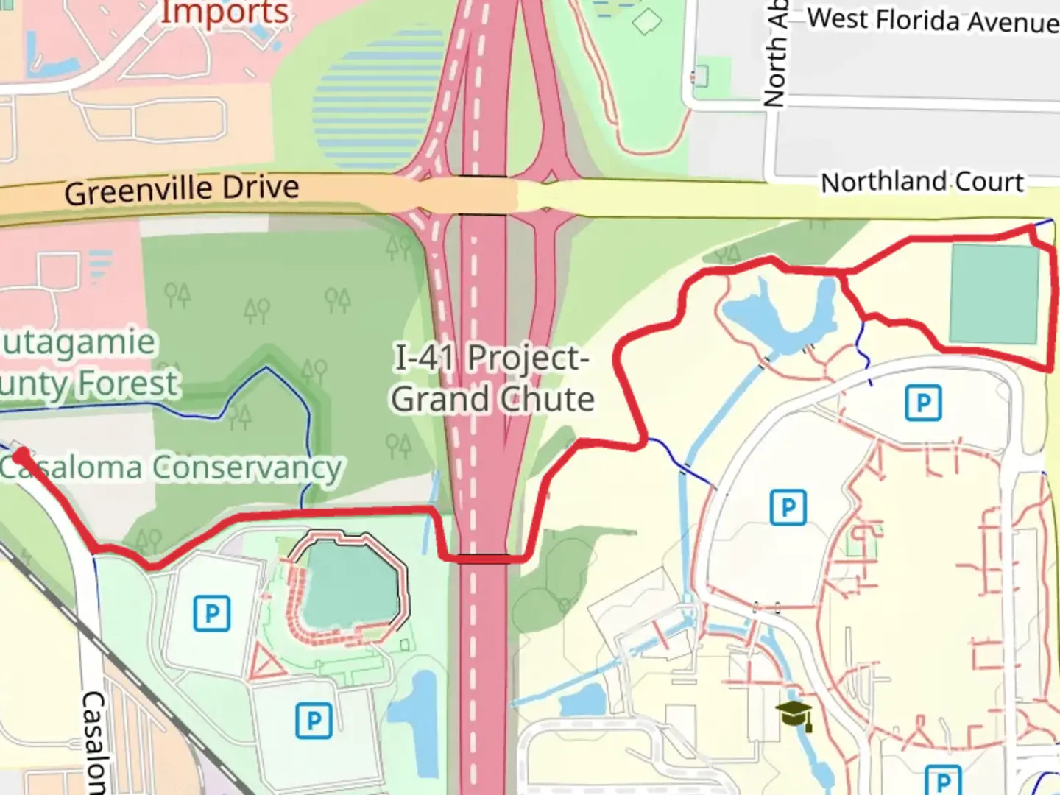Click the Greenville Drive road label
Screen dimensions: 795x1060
[181, 190]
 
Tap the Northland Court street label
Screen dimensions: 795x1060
[922, 182]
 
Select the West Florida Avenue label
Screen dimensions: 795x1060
[933, 20]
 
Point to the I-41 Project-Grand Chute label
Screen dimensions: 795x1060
[492, 378]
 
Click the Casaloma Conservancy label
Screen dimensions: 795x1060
[171, 467]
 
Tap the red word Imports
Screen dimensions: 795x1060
[225, 13]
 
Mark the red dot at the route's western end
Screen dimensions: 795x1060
[21, 456]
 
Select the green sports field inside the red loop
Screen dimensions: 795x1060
[994, 294]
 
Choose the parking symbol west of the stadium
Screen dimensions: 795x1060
[212, 613]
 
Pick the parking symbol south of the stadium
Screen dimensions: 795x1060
[314, 720]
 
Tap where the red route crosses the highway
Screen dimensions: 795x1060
[482, 559]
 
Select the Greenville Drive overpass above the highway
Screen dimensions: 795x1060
[482, 196]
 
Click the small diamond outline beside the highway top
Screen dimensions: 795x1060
[646, 21]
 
